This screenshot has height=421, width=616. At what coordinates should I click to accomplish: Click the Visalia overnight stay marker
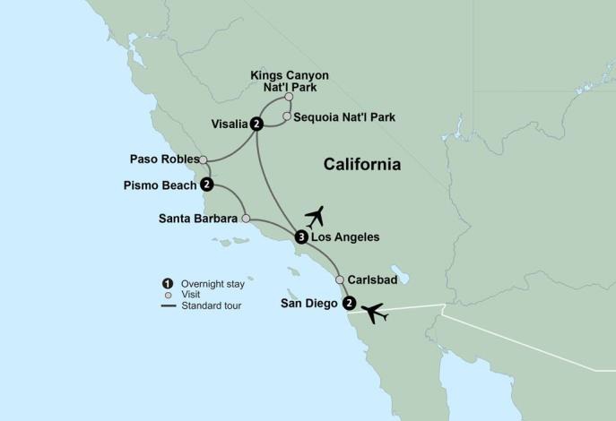pyautogui.click(x=256, y=125)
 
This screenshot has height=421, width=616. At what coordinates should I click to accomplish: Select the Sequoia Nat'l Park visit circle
pyautogui.click(x=286, y=116)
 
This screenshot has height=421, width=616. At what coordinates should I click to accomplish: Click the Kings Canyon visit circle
pyautogui.click(x=289, y=97)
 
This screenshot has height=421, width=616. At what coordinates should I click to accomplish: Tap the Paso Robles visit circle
pyautogui.click(x=204, y=160)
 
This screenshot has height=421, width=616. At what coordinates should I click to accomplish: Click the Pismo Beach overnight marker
pyautogui.click(x=206, y=185)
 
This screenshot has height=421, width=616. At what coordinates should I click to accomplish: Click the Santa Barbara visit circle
pyautogui.click(x=245, y=217)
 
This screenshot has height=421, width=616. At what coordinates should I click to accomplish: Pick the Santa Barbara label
pyautogui.click(x=197, y=217)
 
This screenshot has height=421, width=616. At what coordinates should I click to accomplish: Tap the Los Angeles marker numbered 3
pyautogui.click(x=300, y=237)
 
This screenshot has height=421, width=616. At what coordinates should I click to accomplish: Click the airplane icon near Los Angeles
pyautogui.click(x=315, y=216)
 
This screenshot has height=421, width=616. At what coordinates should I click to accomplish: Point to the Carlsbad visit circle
pyautogui.click(x=340, y=279)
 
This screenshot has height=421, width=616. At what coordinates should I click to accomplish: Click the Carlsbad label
pyautogui.click(x=372, y=279)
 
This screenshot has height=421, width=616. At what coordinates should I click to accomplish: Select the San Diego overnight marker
pyautogui.click(x=349, y=303)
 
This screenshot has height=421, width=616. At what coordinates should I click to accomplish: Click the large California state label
pyautogui.click(x=361, y=166)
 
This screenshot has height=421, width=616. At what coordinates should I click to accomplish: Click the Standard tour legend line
pyautogui.click(x=167, y=305)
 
